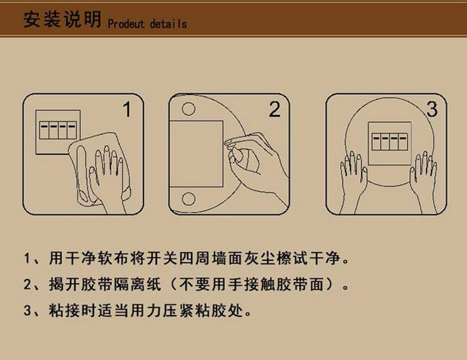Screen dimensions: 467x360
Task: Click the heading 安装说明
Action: (x=62, y=20)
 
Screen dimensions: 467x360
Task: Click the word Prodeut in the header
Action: (x=126, y=24)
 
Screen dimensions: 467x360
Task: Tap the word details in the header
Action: (x=169, y=24)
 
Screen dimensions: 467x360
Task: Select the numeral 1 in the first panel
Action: (x=127, y=110)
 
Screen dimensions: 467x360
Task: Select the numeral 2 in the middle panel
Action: (x=275, y=109)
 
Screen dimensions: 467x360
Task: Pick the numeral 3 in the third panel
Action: (x=432, y=109)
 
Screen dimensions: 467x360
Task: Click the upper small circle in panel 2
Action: (x=189, y=109)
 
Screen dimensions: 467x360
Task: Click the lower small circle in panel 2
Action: (x=189, y=199)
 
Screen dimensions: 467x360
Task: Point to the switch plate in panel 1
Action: (x=58, y=132)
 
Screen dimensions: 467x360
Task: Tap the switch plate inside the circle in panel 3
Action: (x=389, y=143)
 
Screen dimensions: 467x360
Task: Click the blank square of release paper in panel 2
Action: (x=196, y=154)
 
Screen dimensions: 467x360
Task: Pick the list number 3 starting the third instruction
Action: (x=28, y=310)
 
